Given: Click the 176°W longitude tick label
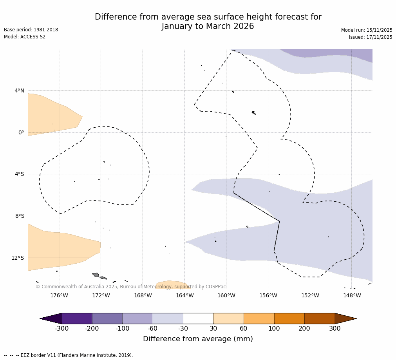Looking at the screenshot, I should pos(59,295).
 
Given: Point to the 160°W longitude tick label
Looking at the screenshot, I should pos(226,295).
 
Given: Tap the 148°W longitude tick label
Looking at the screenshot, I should pos(352,295).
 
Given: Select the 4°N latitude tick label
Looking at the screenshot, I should pos(19,91).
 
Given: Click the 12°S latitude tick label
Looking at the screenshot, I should pos(18,258).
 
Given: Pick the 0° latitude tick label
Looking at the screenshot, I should pos(21,132).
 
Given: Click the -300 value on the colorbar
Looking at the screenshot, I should pos(61,329).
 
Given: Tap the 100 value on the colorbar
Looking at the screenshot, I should pos(274,329).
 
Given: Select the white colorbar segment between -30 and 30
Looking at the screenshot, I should pos(198,318).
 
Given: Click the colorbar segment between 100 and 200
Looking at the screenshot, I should pos(289,318).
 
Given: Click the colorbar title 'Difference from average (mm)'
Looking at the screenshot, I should pos(198,339).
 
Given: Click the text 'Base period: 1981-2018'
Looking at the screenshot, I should pos(31,30).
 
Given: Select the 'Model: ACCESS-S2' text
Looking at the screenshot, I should pos(25,37).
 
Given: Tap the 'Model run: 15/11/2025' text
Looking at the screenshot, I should pos(367,30).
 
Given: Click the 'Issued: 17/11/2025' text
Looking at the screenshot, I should pos(371,37).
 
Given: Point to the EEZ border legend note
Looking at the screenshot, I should pos(69,355).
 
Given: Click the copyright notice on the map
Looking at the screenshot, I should pos(131,287).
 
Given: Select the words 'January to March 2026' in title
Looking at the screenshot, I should pos(208,26).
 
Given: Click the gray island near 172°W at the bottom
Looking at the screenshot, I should pos(96,275).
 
